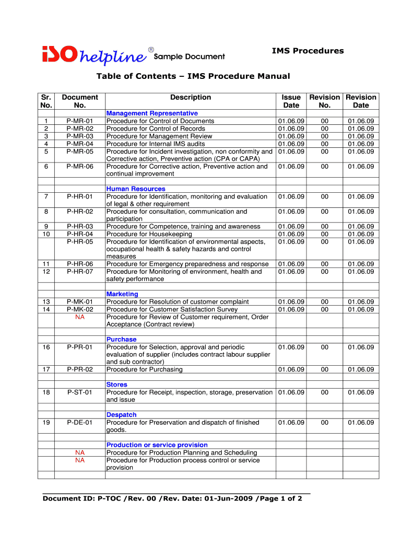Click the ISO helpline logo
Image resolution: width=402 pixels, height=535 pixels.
click(94, 54)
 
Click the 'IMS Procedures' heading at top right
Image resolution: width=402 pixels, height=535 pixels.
click(308, 51)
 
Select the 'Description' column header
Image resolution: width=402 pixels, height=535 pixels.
click(191, 97)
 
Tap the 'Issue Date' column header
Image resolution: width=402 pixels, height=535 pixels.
click(291, 101)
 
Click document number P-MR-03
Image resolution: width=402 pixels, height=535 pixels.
click(80, 136)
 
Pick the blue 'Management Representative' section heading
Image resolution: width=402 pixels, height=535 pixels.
click(152, 113)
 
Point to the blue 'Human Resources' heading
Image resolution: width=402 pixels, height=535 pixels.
click(136, 189)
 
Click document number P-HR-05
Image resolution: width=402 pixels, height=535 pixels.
click(80, 242)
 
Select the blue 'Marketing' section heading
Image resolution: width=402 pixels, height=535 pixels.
click(122, 294)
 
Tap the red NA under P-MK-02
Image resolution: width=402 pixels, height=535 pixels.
click(80, 317)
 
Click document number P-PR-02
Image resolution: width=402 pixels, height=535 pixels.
click(80, 370)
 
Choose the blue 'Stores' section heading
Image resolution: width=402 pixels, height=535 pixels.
click(117, 385)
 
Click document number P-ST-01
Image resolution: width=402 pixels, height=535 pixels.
click(80, 392)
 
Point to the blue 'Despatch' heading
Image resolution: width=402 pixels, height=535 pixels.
click(122, 415)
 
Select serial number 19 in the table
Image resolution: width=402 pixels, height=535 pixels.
click(46, 423)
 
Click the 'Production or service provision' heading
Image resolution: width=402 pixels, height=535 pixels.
click(157, 445)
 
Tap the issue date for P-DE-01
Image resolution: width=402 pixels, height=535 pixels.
click(291, 423)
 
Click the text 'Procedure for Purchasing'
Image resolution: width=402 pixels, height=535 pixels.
click(145, 370)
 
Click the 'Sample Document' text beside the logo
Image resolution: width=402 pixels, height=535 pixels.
click(190, 56)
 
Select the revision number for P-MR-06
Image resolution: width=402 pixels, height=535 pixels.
click(325, 167)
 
